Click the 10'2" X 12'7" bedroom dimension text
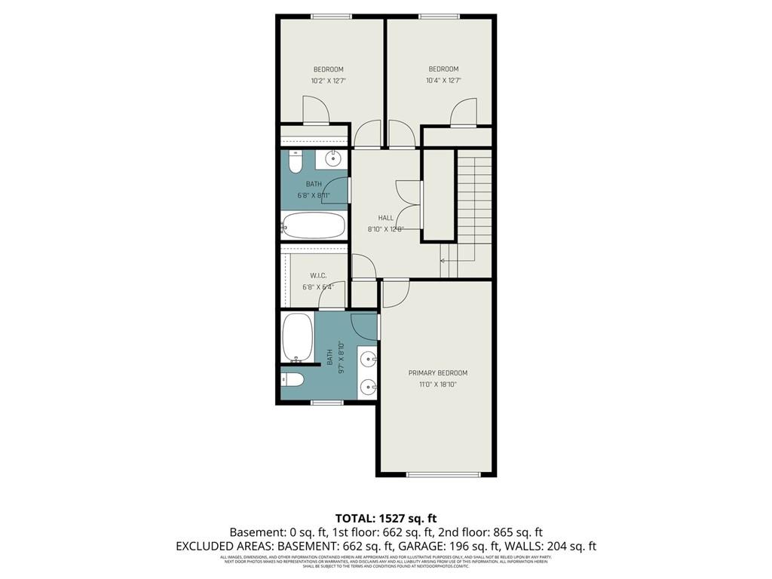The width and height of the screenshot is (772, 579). coord(328,81)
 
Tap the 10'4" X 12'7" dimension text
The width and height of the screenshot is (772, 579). coord(443,81)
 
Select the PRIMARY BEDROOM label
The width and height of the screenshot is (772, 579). coord(438,373)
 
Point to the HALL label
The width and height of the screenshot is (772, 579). coord(386,218)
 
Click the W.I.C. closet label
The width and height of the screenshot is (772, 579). coord(317,276)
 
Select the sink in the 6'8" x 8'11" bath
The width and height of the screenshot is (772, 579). coord(332,158)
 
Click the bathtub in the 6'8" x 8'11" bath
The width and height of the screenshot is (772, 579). coord(314,225)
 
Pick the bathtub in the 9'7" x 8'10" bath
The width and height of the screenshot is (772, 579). coord(297,338)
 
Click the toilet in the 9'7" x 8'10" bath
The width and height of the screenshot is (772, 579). coord(293,380)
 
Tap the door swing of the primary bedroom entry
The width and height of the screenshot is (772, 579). coord(395,293)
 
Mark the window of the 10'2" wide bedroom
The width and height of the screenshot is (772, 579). coord(332,17)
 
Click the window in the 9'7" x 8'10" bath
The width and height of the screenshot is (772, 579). coord(326,403)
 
